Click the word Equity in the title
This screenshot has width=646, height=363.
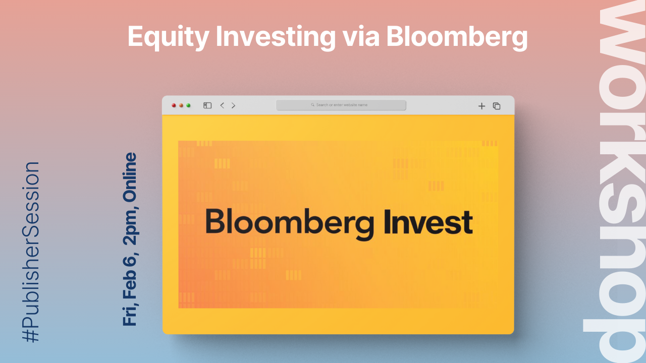click(x=168, y=37)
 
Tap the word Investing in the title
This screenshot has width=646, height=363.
click(x=276, y=37)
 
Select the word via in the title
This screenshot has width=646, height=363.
click(x=361, y=36)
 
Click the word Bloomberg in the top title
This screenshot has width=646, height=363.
click(x=457, y=37)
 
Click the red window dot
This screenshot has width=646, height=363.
click(x=174, y=105)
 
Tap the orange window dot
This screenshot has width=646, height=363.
click(x=181, y=105)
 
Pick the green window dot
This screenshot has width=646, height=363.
click(x=188, y=105)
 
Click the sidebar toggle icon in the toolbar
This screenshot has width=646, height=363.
click(x=207, y=105)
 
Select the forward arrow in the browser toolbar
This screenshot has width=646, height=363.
click(x=233, y=105)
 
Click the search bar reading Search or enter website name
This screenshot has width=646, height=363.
click(x=341, y=105)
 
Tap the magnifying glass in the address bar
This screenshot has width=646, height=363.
click(x=312, y=105)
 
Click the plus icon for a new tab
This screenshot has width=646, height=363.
click(x=481, y=106)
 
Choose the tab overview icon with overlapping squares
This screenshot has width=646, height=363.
click(x=497, y=106)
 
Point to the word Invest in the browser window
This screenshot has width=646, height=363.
click(x=428, y=222)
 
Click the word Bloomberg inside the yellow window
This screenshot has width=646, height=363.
click(x=290, y=223)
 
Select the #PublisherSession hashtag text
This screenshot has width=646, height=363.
click(x=31, y=252)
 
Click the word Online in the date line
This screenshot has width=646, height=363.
click(x=130, y=177)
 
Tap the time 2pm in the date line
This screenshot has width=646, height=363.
click(x=130, y=227)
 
